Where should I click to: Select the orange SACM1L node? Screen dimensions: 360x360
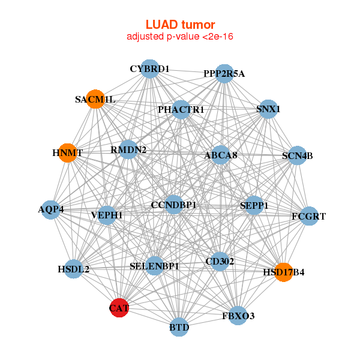coord(95,99)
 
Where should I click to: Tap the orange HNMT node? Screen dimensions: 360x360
coord(68,153)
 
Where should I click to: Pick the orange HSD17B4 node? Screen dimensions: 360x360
coord(283,272)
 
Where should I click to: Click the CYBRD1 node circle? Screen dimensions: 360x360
coord(150,69)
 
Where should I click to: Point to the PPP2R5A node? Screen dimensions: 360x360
coord(224,74)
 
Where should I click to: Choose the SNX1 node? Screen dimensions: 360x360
coord(268,109)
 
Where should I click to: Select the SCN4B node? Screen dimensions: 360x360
coord(298,156)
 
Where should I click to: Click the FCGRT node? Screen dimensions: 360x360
coord(308,216)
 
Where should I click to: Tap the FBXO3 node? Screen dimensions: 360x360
coord(238,315)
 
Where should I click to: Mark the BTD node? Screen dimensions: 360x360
coord(179,327)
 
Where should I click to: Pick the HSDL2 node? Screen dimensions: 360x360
coord(73,269)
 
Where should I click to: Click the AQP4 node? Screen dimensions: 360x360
coord(51,209)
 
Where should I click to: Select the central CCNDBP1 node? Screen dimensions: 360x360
coord(174,205)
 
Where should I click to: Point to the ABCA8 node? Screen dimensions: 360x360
coord(221,155)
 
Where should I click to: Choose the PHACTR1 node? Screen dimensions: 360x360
coord(181,110)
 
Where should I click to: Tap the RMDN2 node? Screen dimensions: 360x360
coord(128,149)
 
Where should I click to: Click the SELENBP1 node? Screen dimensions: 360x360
coord(154,266)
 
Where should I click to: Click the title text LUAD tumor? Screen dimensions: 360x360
coord(180,25)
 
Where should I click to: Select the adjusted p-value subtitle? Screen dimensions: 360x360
coord(180,37)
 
